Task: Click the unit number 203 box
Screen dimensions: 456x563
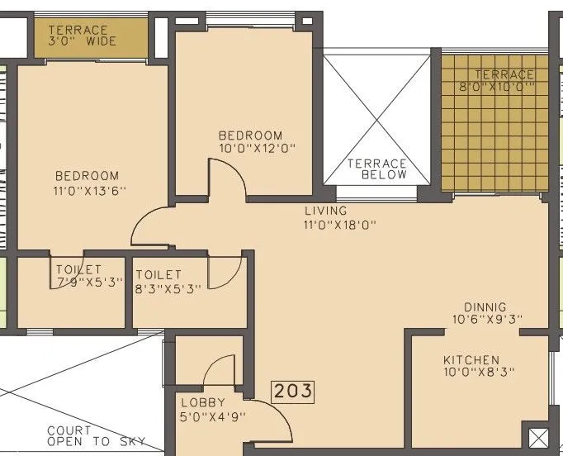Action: (294, 390)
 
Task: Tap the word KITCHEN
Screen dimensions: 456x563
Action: (471, 360)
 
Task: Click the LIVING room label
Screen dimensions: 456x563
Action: (326, 211)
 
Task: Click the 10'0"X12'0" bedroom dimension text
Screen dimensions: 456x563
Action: (256, 149)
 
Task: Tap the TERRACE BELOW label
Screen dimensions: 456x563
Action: (376, 169)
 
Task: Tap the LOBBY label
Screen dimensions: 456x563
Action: (203, 402)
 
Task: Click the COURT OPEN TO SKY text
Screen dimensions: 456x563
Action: (95, 436)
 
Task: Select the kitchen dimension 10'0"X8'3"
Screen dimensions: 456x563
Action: (479, 373)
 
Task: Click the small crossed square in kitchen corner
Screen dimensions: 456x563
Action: (537, 436)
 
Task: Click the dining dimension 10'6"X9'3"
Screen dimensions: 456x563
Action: (487, 320)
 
